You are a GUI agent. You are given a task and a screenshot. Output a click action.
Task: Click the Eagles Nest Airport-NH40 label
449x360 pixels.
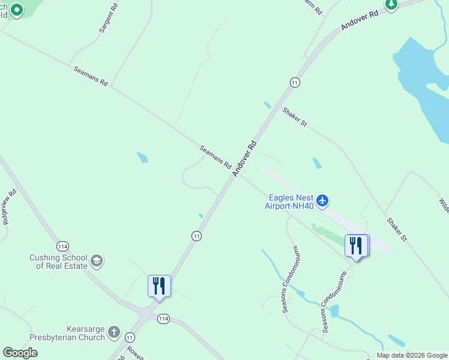(291, 201)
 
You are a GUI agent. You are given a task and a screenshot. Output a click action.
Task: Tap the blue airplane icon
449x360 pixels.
(323, 200)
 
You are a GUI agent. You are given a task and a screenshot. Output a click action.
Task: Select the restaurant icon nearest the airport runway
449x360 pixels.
(356, 246)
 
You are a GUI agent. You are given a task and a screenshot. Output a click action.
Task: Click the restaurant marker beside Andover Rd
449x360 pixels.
(159, 286)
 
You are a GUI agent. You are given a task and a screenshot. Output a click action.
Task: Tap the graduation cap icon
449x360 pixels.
(97, 262)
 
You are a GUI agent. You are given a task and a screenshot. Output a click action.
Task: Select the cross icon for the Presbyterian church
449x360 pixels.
(113, 333)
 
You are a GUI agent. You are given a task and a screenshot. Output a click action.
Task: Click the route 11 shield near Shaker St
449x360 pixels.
(294, 82)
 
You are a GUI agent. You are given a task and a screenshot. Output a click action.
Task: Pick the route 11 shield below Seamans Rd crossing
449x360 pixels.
(196, 236)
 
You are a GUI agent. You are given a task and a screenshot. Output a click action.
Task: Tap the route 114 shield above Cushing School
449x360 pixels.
(63, 246)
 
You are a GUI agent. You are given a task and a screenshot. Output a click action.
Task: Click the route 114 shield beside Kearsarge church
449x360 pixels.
(163, 319)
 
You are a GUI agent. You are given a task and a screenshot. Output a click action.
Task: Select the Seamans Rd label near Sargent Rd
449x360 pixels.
(90, 76)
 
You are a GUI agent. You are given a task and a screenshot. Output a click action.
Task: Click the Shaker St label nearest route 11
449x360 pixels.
(295, 117)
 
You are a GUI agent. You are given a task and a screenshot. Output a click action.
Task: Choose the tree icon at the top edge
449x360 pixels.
(391, 5)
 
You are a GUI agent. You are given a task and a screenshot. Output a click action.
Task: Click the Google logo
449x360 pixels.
(20, 353)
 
